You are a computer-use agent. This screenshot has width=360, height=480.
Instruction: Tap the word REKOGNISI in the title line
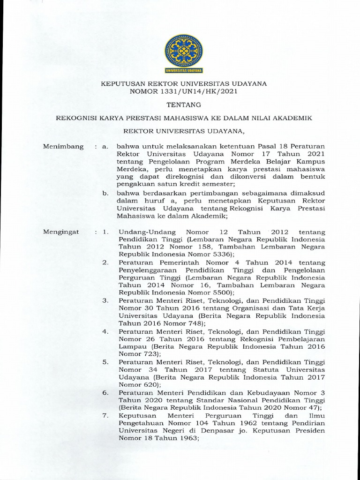(x=75, y=119)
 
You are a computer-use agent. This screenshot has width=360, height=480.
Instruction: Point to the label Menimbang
(x=63, y=147)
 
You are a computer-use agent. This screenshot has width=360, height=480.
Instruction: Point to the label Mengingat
(x=61, y=232)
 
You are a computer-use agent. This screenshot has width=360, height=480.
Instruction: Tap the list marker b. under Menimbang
(x=106, y=193)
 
